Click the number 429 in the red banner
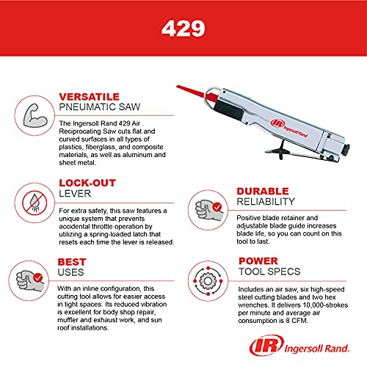(183, 30)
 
